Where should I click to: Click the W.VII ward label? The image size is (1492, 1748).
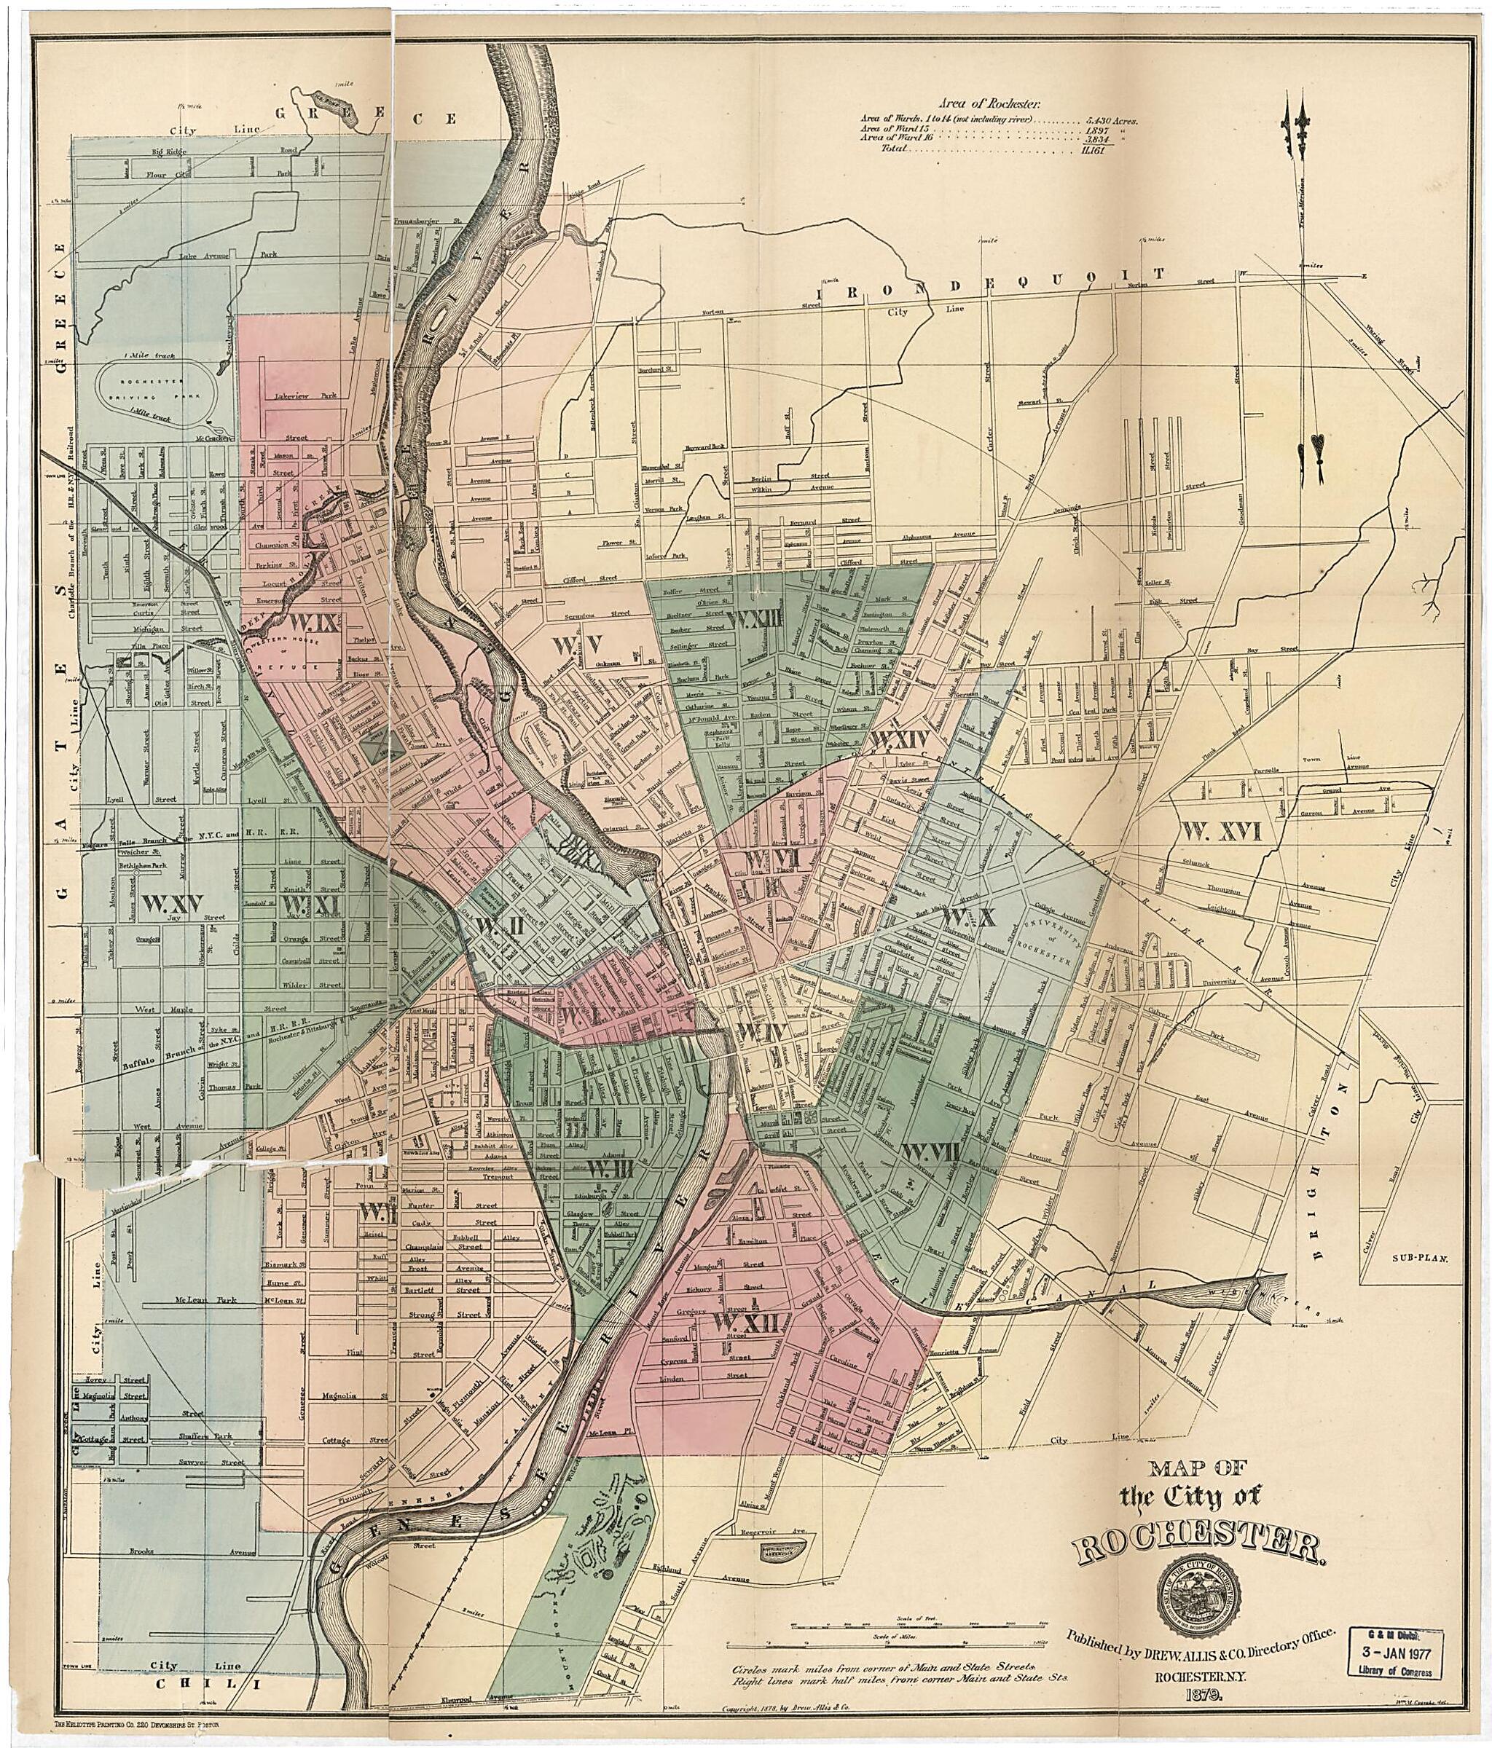pos(929,1151)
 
